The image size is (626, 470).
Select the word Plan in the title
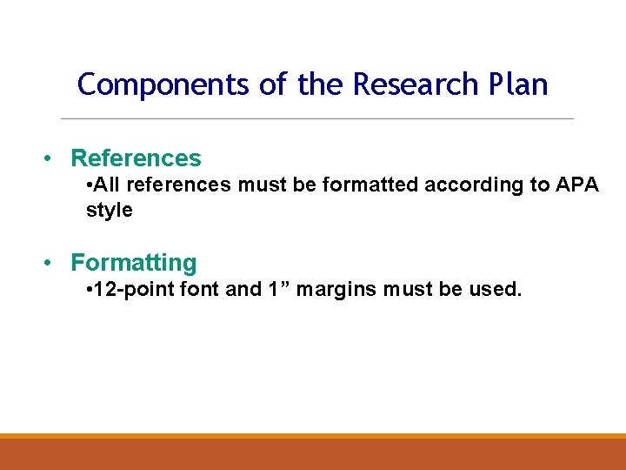(x=516, y=84)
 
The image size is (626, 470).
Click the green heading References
(x=136, y=158)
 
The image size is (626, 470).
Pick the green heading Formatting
(x=134, y=263)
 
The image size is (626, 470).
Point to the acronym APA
(x=576, y=185)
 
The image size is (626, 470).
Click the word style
(x=110, y=211)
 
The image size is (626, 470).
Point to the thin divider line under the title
(x=317, y=118)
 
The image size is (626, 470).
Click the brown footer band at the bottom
(x=313, y=454)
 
